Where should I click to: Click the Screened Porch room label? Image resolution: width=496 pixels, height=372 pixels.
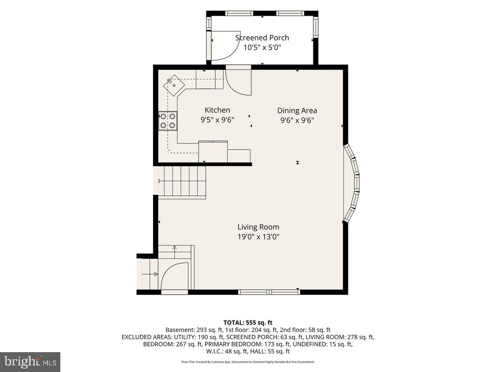tap(262, 38)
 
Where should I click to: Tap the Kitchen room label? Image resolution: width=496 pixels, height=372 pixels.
tap(217, 110)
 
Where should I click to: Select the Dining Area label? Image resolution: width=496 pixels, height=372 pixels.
tap(297, 110)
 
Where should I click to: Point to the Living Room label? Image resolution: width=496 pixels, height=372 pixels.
tap(258, 227)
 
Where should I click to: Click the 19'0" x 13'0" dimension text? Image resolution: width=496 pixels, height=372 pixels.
tap(258, 237)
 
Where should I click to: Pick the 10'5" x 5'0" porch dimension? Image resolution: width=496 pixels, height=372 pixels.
tap(262, 48)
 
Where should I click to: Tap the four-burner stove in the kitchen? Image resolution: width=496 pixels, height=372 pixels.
tap(168, 121)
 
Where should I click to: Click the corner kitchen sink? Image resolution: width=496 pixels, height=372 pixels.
tap(174, 86)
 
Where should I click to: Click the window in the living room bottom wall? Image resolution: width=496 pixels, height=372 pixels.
tap(269, 292)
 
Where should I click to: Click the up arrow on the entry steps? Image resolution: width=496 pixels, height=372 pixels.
tap(174, 252)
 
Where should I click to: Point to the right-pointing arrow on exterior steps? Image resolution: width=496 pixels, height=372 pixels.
tap(150, 274)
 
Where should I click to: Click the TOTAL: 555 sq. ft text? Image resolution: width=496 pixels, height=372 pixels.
tap(248, 322)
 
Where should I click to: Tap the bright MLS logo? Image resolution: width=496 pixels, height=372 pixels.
tap(30, 362)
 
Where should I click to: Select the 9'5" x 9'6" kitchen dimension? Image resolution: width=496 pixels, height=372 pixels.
tap(217, 120)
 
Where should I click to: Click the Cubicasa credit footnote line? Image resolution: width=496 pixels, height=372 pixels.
tap(248, 362)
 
